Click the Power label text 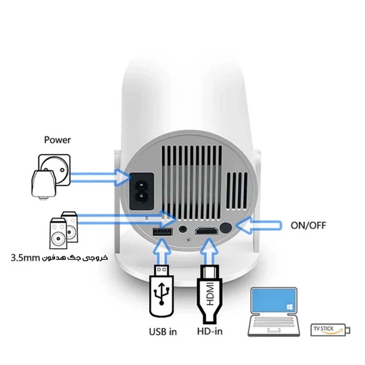[57, 139]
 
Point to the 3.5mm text [25, 258]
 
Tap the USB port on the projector [163, 232]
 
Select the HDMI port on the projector [207, 231]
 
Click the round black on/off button [225, 228]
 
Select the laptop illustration [274, 313]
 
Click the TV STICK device [330, 329]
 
